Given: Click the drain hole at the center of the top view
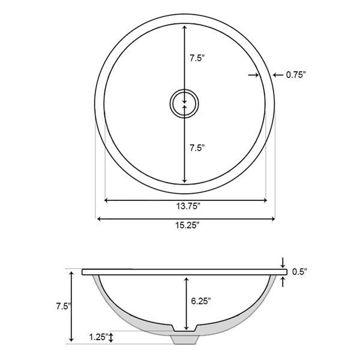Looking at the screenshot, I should [184, 103].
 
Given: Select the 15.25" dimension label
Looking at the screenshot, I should [186, 225].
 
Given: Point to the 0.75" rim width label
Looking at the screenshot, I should [296, 75].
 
